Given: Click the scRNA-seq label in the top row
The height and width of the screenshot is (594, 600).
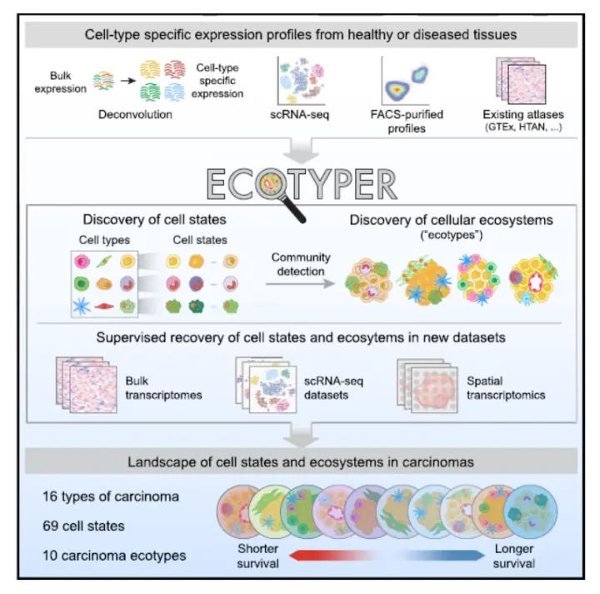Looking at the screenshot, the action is pos(301,114).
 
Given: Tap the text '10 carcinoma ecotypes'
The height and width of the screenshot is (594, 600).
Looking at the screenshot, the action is pos(114,556).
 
